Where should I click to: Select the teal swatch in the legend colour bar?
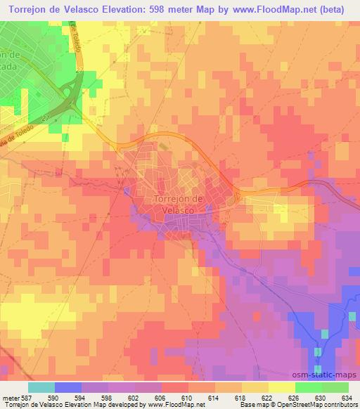[x=41, y=387]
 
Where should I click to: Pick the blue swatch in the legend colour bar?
[x=67, y=387]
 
